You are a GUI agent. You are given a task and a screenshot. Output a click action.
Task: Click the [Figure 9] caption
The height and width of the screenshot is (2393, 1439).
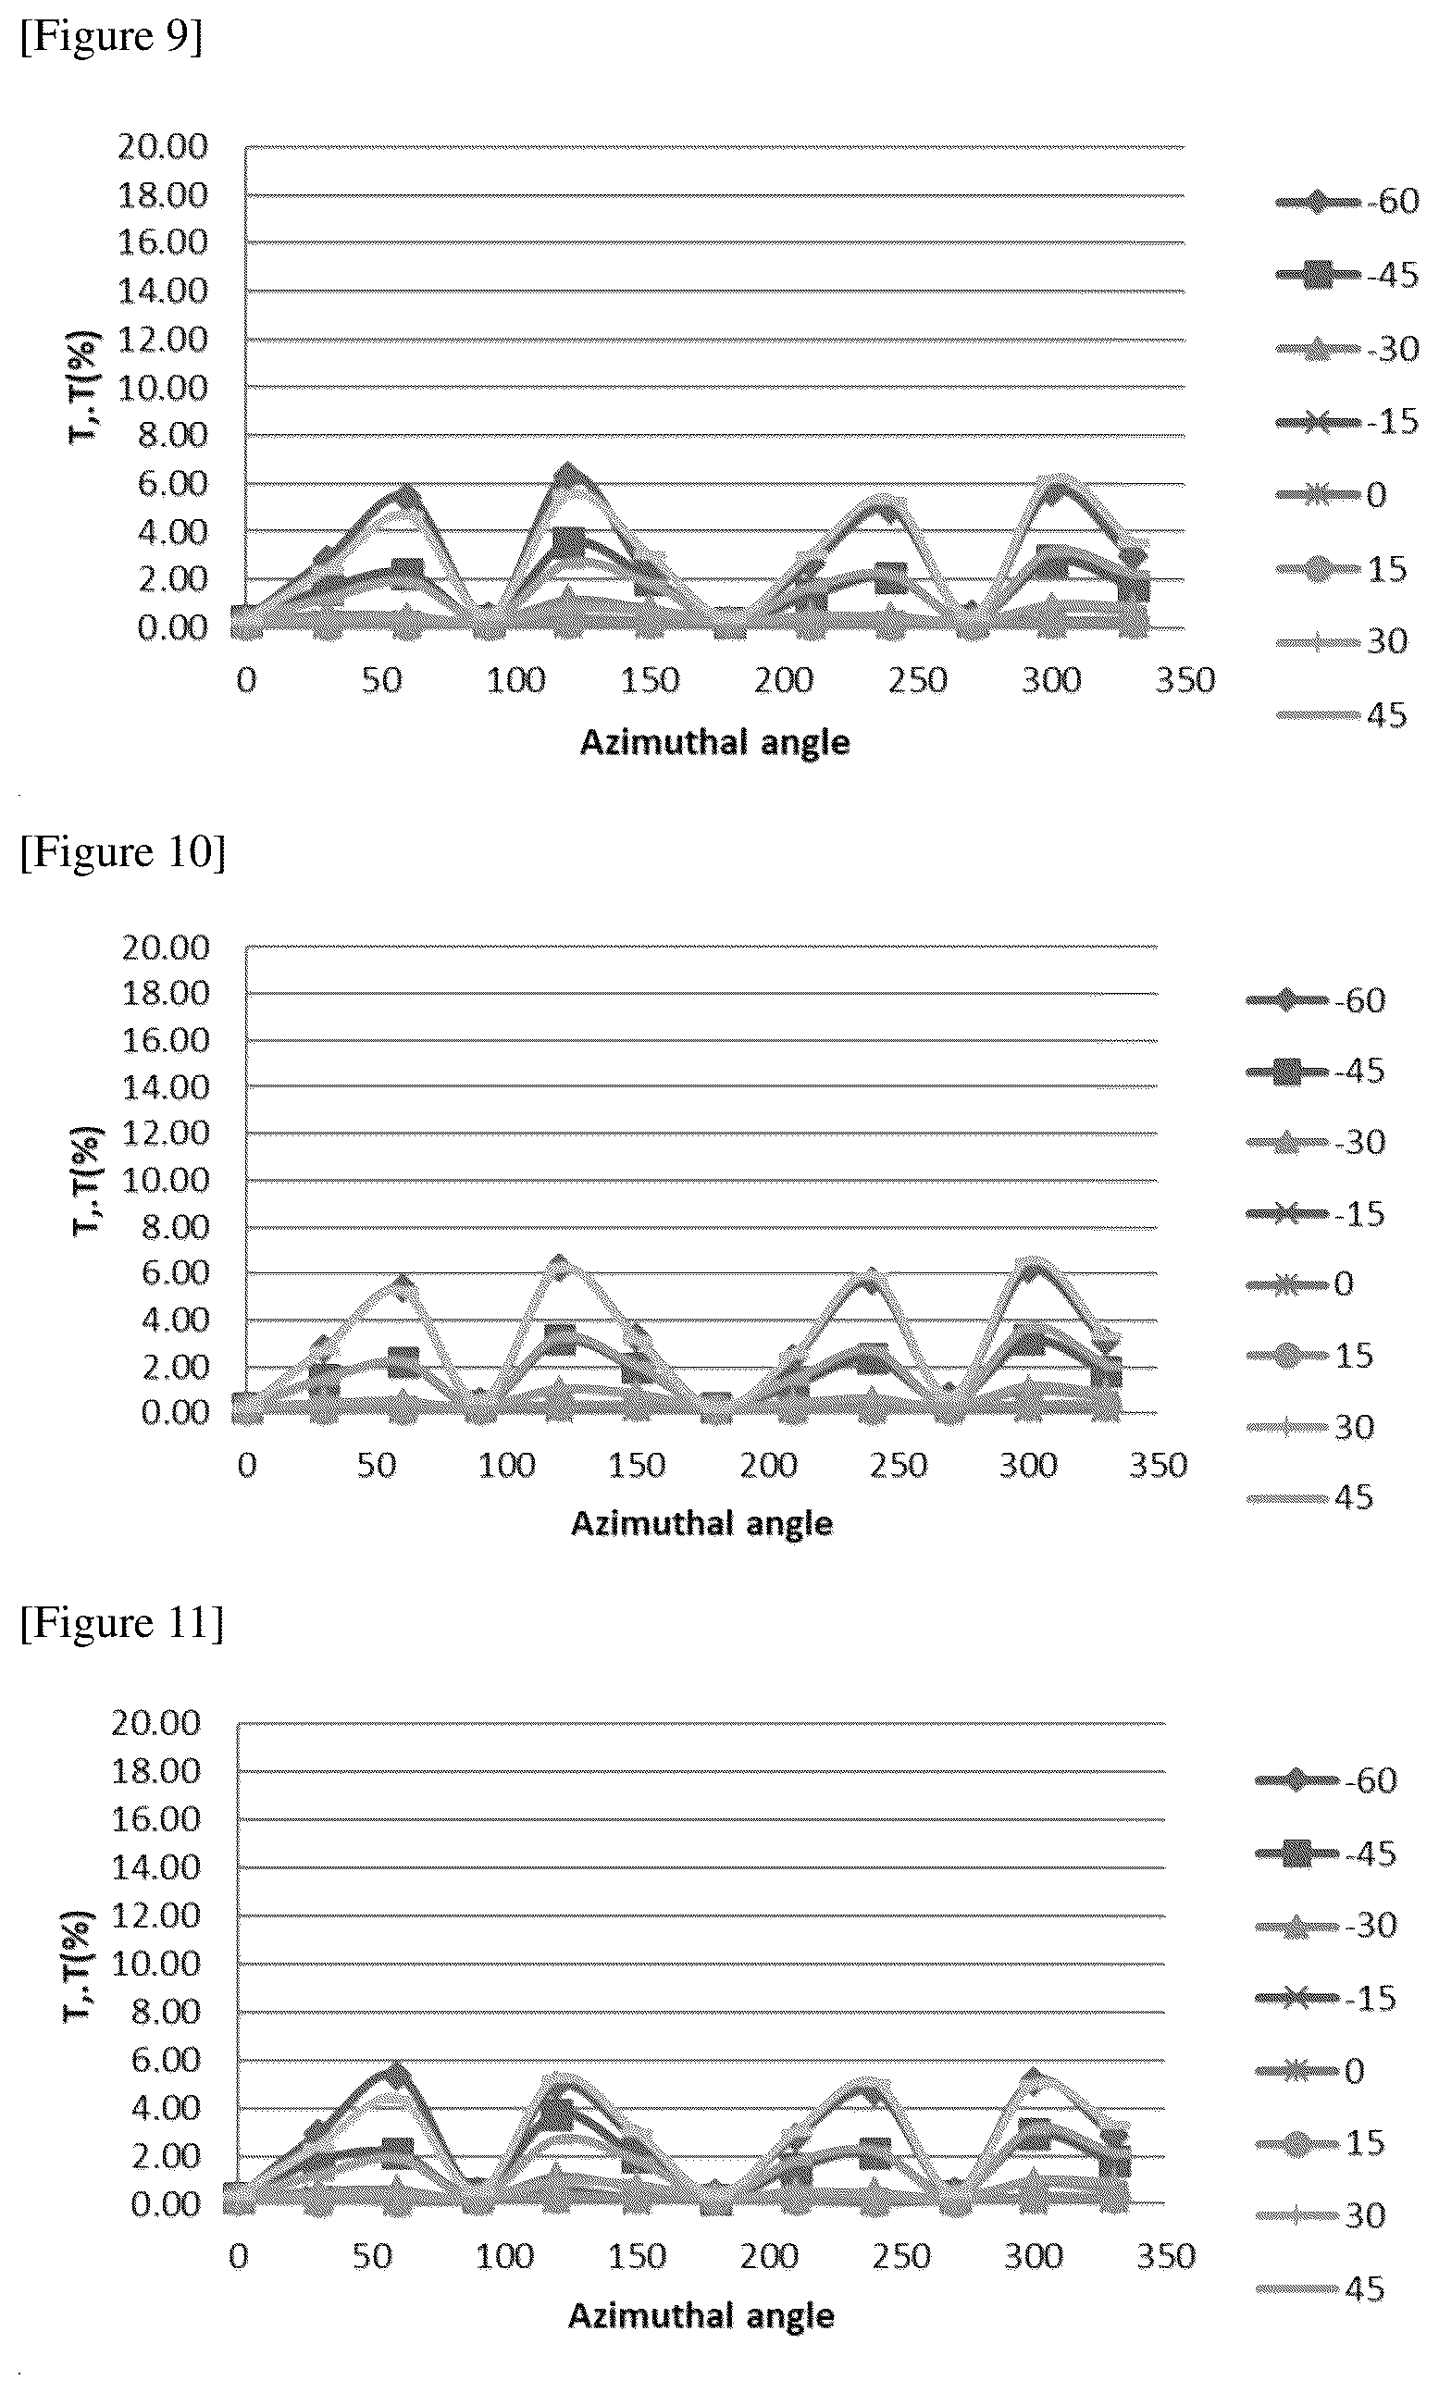click(x=112, y=37)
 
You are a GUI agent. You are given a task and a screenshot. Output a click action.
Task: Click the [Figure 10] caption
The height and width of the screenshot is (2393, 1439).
click(x=123, y=852)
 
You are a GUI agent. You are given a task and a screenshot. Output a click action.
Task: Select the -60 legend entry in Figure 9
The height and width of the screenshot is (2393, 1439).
click(x=1346, y=202)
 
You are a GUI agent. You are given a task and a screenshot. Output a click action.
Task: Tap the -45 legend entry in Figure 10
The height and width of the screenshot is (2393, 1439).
click(x=1316, y=1072)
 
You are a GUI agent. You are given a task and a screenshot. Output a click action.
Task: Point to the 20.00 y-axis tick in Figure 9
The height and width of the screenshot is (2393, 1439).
click(x=163, y=147)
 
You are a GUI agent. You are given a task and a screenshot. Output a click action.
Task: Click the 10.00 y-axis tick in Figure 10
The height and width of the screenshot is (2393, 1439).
click(x=166, y=1180)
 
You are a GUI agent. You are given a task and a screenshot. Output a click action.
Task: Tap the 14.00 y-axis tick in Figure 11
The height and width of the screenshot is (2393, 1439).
click(x=156, y=1867)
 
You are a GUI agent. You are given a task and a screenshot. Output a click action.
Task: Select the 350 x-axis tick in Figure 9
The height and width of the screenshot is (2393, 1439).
click(x=1184, y=680)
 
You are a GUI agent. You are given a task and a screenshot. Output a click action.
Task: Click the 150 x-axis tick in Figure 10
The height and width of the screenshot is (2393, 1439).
click(x=637, y=1465)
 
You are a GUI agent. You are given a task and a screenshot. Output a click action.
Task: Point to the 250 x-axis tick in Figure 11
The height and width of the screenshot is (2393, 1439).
click(x=900, y=2256)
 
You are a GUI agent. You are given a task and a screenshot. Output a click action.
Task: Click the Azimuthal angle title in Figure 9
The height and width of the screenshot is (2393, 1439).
click(x=714, y=743)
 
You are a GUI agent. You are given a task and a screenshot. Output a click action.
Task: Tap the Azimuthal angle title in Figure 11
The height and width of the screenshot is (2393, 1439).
click(x=701, y=2316)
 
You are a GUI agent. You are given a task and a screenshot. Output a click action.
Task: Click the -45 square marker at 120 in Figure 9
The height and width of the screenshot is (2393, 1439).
click(x=568, y=541)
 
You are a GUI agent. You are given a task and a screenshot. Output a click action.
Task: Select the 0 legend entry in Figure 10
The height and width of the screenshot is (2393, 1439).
click(x=1300, y=1284)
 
